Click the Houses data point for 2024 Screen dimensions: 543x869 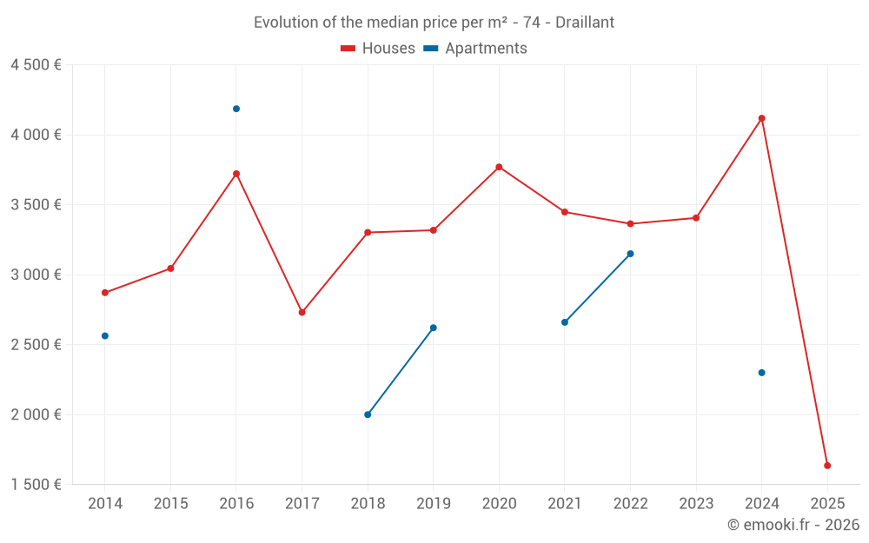762,118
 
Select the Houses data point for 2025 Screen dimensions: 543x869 827,466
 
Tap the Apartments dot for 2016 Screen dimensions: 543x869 236,109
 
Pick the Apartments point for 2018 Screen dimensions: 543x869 368,414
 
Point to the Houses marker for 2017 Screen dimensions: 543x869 302,312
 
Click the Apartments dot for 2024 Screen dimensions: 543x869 762,373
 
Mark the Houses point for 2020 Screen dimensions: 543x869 499,167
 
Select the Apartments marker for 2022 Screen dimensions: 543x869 631,254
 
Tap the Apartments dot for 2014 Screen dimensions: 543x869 105,335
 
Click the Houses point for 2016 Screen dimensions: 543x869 236,174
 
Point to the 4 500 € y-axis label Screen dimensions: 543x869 36,65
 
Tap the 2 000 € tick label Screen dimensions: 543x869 36,414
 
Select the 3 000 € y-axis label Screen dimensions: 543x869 36,275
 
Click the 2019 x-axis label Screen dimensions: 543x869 434,504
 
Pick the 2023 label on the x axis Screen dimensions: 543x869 696,504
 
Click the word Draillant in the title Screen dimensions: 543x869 585,23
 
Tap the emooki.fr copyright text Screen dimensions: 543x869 793,525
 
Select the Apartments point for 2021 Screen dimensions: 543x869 565,322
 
